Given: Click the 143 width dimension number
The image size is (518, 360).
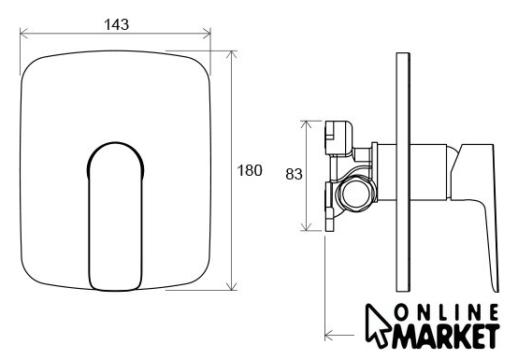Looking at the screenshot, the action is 116,24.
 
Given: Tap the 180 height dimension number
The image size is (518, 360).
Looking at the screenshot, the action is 250,170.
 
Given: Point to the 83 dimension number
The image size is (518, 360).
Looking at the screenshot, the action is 294,174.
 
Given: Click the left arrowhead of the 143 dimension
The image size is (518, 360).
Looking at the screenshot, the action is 23,34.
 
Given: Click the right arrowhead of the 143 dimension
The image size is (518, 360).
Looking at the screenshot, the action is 207,34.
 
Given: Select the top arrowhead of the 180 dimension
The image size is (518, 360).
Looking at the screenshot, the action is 232,55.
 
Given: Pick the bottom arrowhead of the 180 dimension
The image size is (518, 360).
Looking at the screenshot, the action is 232,286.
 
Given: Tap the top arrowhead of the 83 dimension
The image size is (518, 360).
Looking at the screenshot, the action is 307,125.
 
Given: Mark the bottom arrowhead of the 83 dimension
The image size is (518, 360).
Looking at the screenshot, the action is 307,226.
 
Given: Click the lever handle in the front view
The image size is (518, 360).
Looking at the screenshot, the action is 116,216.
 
